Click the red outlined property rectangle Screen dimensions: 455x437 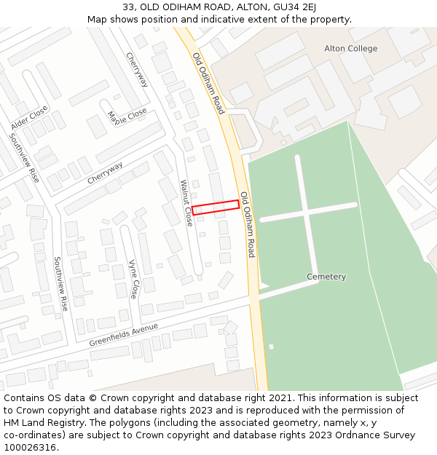tap(216, 207)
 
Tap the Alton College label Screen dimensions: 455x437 tap(351, 49)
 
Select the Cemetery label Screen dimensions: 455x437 tap(326, 277)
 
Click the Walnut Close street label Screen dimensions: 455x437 tap(187, 203)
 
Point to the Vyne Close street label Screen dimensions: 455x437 tap(133, 280)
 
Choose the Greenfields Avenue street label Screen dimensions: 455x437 tap(124, 335)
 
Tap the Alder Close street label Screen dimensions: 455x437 tap(29, 118)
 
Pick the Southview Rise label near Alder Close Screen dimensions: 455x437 tap(24, 157)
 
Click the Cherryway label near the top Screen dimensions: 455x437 tap(137, 70)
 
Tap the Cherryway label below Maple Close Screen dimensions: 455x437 tap(106, 173)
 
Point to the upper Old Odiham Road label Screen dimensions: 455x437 tap(208, 83)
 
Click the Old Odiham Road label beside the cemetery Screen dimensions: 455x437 tap(248, 224)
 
